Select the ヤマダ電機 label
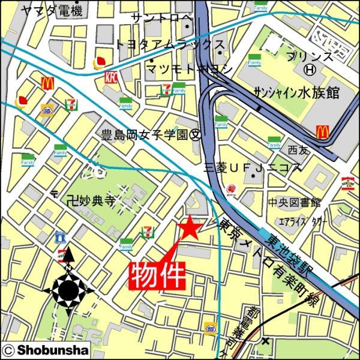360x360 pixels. tap(51, 11)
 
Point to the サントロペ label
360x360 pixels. tap(163, 19)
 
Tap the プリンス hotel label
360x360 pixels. tap(310, 56)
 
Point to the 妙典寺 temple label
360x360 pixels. tap(90, 200)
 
